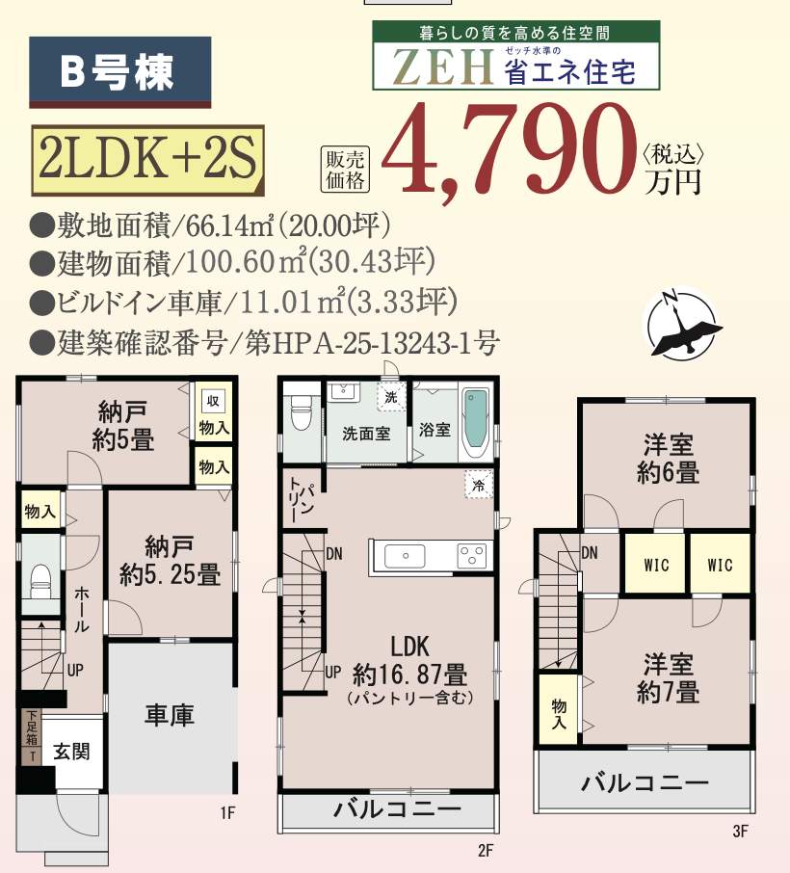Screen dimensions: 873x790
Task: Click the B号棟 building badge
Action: (119, 71)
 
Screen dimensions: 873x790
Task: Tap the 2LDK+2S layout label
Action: (145, 161)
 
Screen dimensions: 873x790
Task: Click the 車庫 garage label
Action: (170, 715)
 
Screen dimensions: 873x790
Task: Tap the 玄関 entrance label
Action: (71, 751)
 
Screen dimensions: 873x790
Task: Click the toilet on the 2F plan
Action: (300, 416)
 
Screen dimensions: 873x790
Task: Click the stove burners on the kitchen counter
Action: (471, 556)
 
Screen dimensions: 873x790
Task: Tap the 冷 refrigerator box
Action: (478, 485)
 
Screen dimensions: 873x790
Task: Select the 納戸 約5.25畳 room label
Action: (170, 561)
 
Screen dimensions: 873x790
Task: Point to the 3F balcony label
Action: (644, 782)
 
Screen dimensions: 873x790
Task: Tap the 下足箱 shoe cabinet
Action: (32, 735)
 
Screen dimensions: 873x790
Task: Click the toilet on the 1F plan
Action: (40, 578)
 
